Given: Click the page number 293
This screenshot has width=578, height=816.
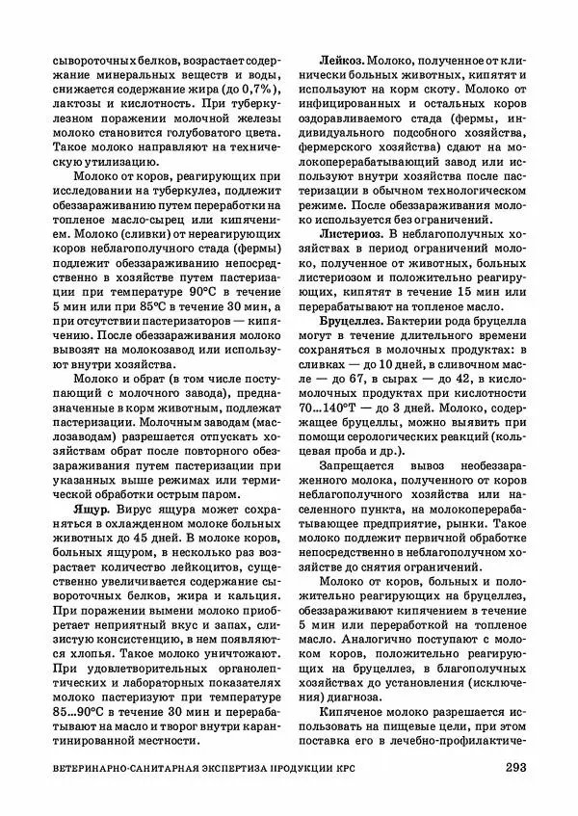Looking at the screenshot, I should click(x=515, y=767).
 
